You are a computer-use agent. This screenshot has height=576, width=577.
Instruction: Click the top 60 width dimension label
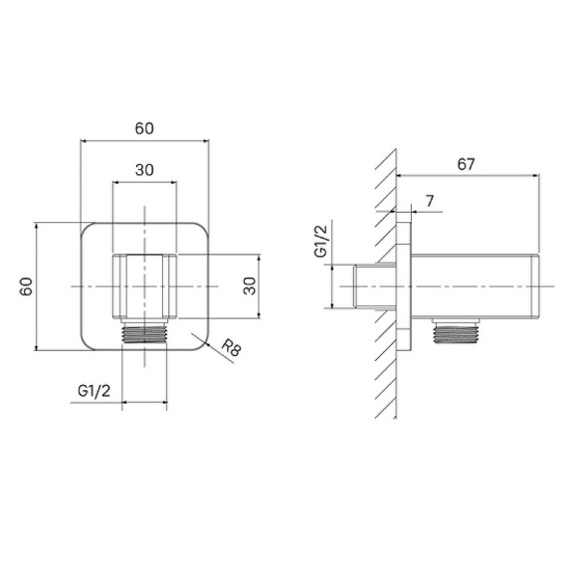(144, 128)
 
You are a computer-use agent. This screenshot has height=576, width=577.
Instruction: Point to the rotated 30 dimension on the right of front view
(250, 286)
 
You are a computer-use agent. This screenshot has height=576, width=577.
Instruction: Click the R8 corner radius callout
(232, 347)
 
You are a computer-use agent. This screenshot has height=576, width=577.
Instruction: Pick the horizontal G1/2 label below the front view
(94, 391)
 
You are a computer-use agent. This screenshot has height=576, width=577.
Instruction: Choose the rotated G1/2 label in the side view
(320, 241)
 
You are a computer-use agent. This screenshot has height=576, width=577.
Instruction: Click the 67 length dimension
(466, 164)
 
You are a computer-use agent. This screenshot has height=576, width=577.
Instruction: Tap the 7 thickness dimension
(430, 201)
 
